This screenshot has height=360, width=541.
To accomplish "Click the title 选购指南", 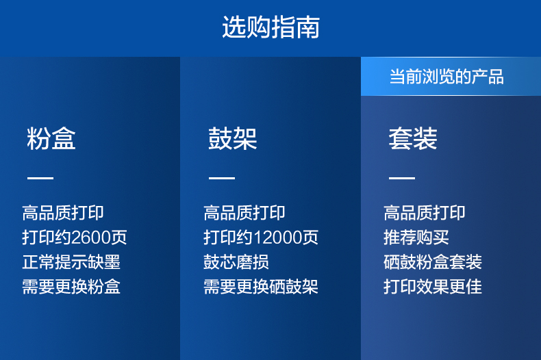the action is point(271,27).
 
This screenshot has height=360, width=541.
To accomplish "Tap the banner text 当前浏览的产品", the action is point(446,77).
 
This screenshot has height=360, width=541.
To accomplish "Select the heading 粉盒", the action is point(51,138).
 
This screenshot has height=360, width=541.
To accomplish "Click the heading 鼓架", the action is point(233,138).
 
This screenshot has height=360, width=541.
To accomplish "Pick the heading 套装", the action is point(413,138).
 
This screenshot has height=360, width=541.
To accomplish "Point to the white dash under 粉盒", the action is point(40,178).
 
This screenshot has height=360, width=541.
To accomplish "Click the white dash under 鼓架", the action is point(222,178).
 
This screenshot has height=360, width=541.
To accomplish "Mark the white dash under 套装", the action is point(402,178).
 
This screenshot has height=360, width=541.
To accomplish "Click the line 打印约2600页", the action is point(75,237).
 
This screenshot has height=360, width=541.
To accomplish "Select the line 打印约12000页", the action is point(261,237).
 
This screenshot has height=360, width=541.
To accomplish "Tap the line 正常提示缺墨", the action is point(71,262).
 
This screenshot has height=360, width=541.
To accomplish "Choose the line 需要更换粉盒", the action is point(71,287).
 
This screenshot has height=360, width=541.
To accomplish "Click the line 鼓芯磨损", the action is point(236,262).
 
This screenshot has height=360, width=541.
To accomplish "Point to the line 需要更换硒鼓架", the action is point(261,287).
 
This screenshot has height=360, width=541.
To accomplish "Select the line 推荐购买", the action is point(416,237).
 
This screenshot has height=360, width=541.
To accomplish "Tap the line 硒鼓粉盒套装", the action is point(433,262).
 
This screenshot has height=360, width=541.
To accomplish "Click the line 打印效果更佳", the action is point(433,287).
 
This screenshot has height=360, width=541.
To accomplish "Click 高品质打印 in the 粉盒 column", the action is point(63,212).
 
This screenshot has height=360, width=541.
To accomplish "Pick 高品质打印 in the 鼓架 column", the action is point(244,212).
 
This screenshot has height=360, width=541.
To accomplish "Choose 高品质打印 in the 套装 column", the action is point(425,212).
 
